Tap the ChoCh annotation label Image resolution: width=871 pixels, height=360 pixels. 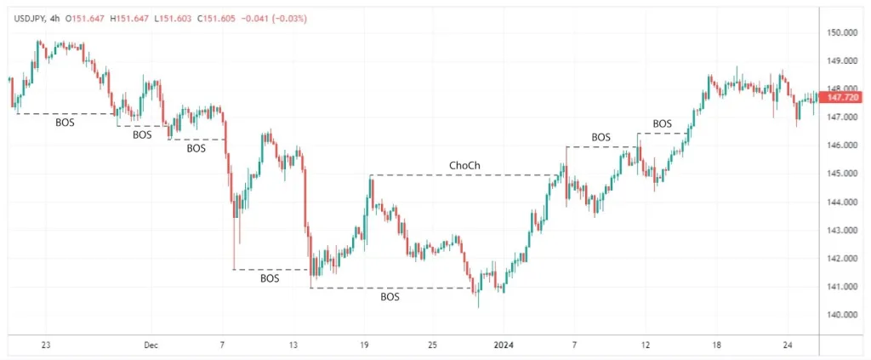[463, 165]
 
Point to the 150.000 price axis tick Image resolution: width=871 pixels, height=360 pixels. [841, 32]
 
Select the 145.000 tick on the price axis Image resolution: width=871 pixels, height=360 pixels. [841, 174]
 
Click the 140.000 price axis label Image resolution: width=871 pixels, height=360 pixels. [841, 315]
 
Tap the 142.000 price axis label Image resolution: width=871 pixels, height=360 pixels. [841, 259]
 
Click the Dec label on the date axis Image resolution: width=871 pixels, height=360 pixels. [151, 346]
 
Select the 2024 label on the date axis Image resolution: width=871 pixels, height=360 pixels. [504, 346]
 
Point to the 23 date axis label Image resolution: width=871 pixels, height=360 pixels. [46, 346]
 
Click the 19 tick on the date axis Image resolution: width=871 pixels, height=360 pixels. [363, 346]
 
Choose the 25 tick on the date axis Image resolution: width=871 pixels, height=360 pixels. [433, 346]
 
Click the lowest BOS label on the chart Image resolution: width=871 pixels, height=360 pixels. [390, 297]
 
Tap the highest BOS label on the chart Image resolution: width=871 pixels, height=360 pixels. [662, 124]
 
